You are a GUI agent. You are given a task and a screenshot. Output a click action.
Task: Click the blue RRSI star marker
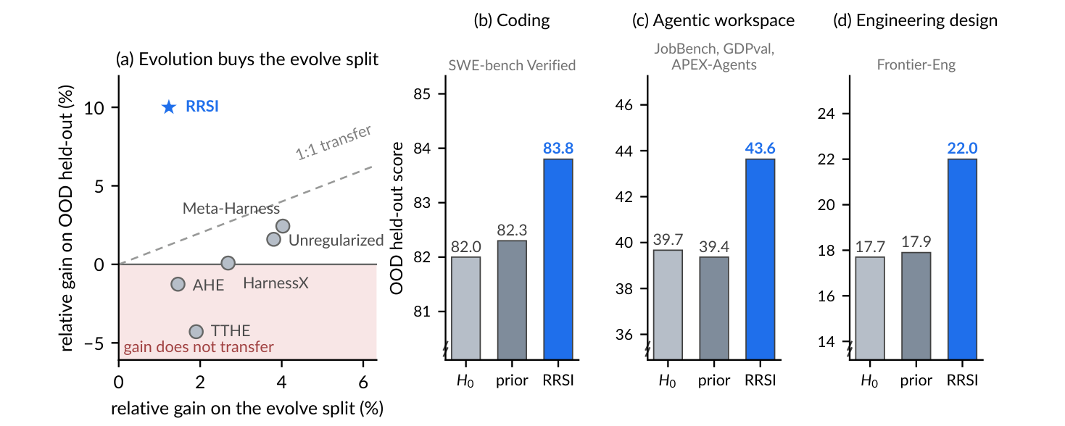[169, 106]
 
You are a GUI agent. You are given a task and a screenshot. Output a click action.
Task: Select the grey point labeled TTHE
[196, 332]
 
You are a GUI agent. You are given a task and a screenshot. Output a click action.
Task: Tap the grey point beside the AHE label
[178, 285]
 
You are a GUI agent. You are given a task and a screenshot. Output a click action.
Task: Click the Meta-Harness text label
[231, 209]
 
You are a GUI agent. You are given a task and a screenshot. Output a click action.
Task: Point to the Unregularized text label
[336, 241]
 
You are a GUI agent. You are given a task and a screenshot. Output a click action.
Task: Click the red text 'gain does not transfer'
[199, 347]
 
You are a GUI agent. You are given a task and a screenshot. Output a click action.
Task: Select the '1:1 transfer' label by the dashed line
[333, 143]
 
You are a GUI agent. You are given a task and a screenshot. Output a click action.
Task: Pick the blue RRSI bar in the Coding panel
[558, 259]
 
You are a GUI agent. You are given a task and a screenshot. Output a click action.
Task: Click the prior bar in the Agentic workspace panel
[714, 308]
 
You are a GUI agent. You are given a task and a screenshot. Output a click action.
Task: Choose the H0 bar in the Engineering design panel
[870, 308]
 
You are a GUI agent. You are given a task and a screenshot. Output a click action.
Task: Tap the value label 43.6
[760, 149]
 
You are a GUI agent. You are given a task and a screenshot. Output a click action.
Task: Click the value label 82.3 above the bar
[512, 230]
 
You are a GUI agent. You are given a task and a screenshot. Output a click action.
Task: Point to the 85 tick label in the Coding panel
[422, 94]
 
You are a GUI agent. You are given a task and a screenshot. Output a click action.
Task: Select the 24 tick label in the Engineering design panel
[826, 114]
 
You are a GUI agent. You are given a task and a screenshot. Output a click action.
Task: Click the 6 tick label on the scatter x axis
[363, 383]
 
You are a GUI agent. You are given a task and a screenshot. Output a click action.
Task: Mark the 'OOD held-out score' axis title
[397, 218]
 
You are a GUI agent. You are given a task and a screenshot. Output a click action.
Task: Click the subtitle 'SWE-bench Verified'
[512, 65]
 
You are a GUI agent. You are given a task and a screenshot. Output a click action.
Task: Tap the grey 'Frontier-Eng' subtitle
[916, 64]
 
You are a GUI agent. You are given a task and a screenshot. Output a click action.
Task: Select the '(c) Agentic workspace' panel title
[713, 20]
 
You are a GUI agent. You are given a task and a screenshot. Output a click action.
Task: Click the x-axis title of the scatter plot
[247, 409]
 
